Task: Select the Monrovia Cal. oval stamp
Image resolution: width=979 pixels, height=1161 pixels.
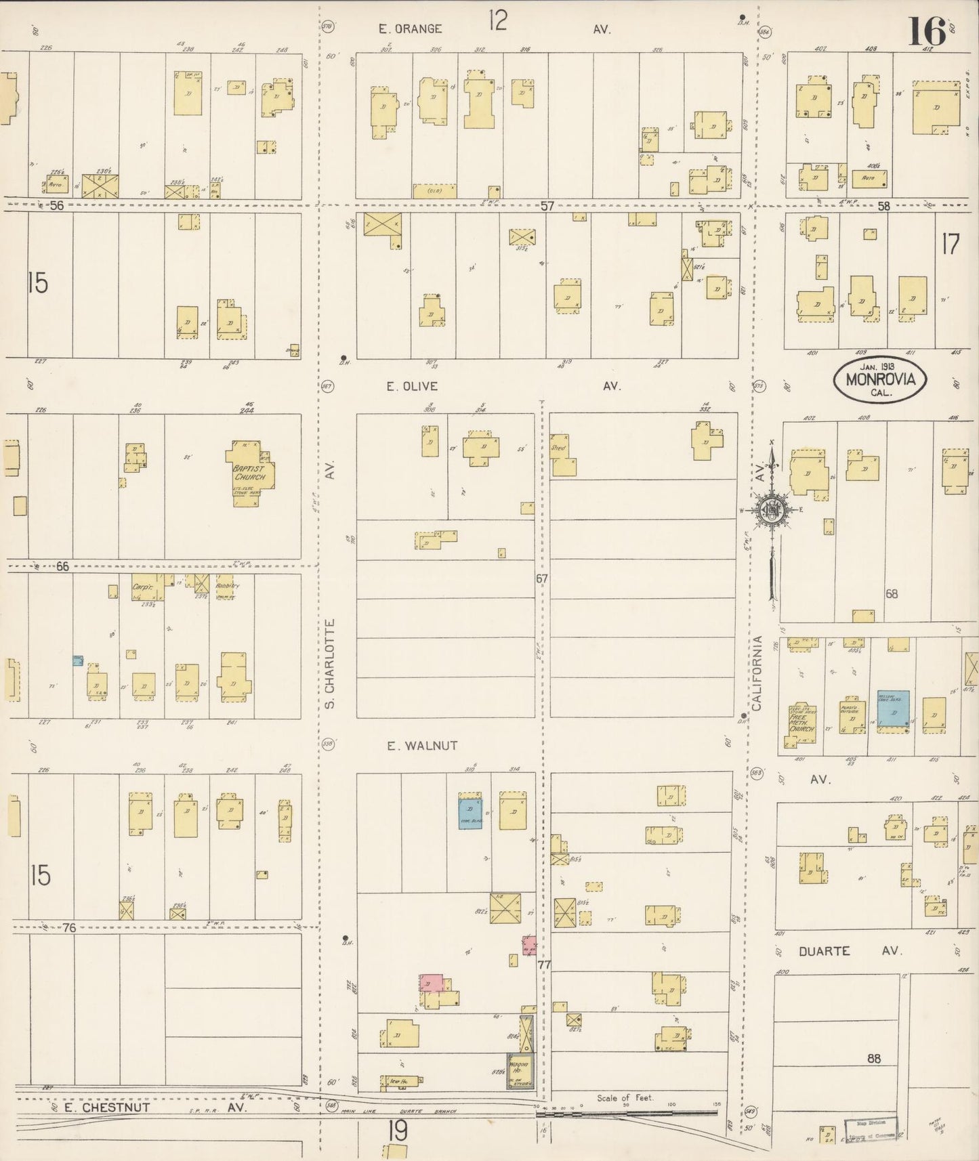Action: tap(879, 380)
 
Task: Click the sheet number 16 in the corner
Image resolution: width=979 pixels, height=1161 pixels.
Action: tap(926, 30)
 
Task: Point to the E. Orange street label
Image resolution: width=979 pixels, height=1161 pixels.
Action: tap(411, 29)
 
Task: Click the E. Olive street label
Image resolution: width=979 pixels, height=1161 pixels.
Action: tap(412, 386)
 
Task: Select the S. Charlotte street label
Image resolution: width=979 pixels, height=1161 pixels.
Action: tap(330, 663)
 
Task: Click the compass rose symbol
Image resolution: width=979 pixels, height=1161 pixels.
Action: tap(772, 511)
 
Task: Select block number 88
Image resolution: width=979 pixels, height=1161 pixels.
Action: tap(874, 1058)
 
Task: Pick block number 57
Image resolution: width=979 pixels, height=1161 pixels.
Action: tap(547, 206)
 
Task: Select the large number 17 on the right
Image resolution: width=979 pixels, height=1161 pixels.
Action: tap(950, 245)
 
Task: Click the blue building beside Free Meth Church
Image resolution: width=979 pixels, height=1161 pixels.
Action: tap(893, 710)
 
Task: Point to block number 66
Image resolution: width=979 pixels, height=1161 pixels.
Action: tap(62, 566)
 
